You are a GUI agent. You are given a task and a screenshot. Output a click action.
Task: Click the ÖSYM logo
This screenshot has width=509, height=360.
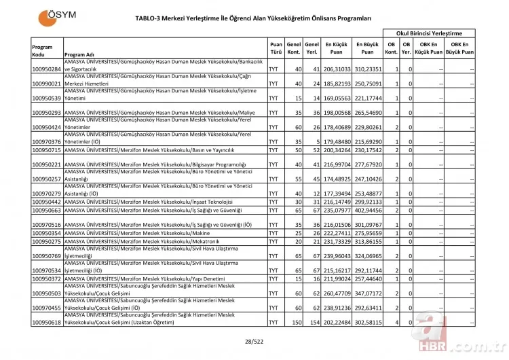pos(60,16)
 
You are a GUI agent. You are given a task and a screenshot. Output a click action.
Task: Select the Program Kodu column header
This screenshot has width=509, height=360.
pos(42,50)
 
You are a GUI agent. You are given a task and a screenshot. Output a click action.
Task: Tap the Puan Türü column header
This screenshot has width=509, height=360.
pos(276,46)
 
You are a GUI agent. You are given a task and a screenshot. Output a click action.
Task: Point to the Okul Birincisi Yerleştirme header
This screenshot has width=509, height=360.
pos(429,33)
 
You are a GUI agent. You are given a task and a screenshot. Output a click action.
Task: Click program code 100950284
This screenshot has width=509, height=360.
pos(47,69)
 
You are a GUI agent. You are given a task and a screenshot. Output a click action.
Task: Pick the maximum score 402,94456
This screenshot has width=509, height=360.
pos(367,211)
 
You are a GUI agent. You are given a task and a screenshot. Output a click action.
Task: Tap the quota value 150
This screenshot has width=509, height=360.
pos(296,322)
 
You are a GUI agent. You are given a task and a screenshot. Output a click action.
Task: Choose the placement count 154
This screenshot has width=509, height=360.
pos(313,322)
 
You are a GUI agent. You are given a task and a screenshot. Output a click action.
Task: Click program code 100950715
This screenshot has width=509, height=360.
pos(47,149)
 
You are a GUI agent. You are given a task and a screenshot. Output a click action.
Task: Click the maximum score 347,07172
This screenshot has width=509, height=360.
pos(367,293)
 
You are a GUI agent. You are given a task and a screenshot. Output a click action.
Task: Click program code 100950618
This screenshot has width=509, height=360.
pos(47,322)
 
